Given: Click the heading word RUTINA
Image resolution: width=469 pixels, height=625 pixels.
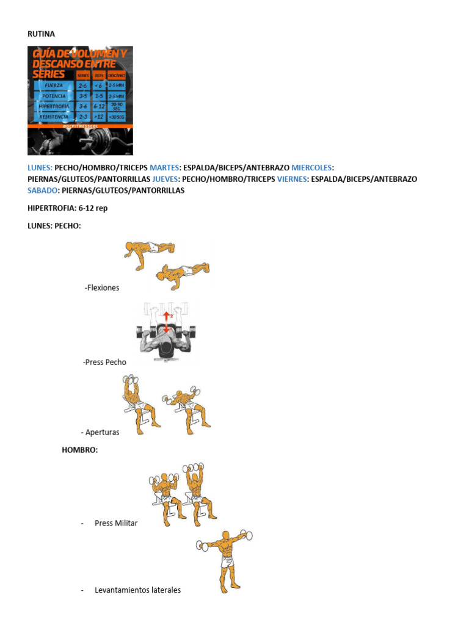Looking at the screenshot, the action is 42,34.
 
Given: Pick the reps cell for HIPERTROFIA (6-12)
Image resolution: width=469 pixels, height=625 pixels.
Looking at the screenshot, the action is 99,106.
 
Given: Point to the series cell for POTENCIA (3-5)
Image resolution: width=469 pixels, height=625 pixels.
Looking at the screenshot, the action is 82,96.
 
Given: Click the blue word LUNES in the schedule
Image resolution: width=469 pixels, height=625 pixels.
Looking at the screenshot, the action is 40,167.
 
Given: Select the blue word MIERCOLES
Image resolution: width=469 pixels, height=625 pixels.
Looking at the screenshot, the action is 312,167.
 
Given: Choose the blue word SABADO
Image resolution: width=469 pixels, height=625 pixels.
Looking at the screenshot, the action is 42,190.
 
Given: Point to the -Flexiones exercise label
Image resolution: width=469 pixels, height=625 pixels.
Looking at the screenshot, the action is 102,287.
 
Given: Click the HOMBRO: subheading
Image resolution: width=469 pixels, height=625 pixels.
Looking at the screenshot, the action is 79,450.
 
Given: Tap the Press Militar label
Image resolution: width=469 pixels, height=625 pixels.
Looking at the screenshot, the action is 116,523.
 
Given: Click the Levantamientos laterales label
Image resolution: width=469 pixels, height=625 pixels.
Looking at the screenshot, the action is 137,590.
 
